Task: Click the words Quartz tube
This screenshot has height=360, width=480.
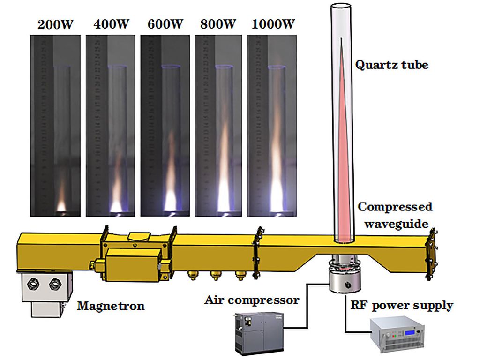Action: (x=391, y=65)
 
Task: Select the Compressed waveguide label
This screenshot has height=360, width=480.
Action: (x=395, y=215)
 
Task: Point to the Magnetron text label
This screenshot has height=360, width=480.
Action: (x=111, y=307)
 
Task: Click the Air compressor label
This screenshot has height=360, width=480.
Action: (x=252, y=300)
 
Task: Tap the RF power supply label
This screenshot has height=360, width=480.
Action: (x=402, y=306)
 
